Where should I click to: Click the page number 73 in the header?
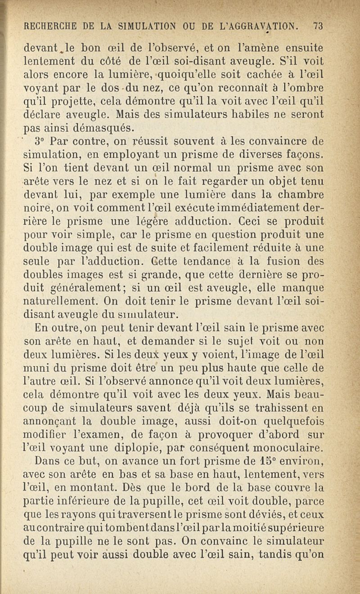(318, 26)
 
